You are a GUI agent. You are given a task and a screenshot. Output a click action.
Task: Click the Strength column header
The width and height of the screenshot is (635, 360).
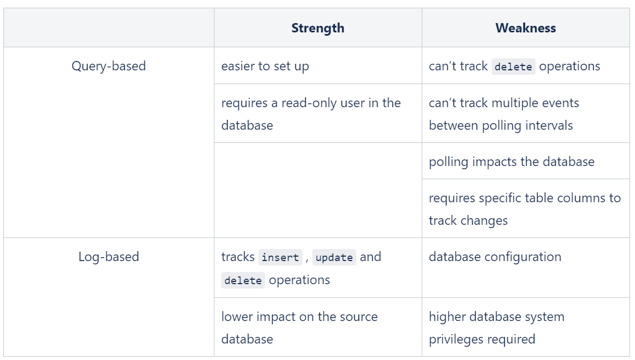318,28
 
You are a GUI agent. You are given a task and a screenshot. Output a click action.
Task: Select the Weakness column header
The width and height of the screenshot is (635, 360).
526,28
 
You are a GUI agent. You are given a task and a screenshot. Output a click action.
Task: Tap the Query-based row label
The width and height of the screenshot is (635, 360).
108,66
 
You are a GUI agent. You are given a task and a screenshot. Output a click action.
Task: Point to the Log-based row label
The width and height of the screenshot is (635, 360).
108,257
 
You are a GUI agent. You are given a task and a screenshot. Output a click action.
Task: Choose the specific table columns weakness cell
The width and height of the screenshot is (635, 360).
525,209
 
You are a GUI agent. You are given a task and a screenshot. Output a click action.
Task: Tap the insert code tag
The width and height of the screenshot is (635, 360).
280,257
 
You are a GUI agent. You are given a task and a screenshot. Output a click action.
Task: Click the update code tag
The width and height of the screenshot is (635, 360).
334,257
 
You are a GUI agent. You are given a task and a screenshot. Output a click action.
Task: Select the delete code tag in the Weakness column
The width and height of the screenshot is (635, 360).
513,67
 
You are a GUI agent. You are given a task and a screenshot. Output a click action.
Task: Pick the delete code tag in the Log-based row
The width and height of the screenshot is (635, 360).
243,280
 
